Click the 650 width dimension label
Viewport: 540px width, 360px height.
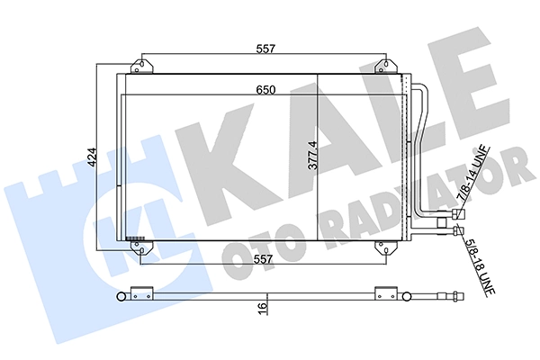click(264, 90)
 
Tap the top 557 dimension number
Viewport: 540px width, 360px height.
click(264, 50)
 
